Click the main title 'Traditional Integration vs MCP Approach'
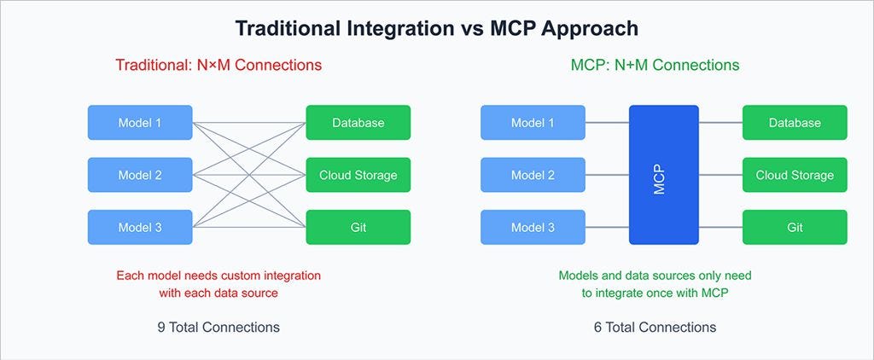[x=436, y=28]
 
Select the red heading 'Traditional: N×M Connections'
[x=219, y=65]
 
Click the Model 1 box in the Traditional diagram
[x=140, y=123]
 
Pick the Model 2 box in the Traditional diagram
[x=140, y=175]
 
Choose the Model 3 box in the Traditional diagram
[x=140, y=227]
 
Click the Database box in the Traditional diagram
[x=358, y=123]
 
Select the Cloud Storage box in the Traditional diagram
[x=358, y=175]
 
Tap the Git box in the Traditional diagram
[x=358, y=227]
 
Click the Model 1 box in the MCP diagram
[x=533, y=123]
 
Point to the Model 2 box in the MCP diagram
[x=533, y=175]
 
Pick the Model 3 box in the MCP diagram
[x=533, y=227]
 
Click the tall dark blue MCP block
[x=663, y=175]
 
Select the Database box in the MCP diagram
[x=795, y=123]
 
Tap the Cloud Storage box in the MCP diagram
[x=795, y=175]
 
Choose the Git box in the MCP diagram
[x=795, y=227]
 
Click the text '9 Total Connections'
[x=218, y=327]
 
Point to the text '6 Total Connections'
[x=655, y=327]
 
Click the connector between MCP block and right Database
[x=720, y=123]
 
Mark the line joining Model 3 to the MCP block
[x=607, y=227]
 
